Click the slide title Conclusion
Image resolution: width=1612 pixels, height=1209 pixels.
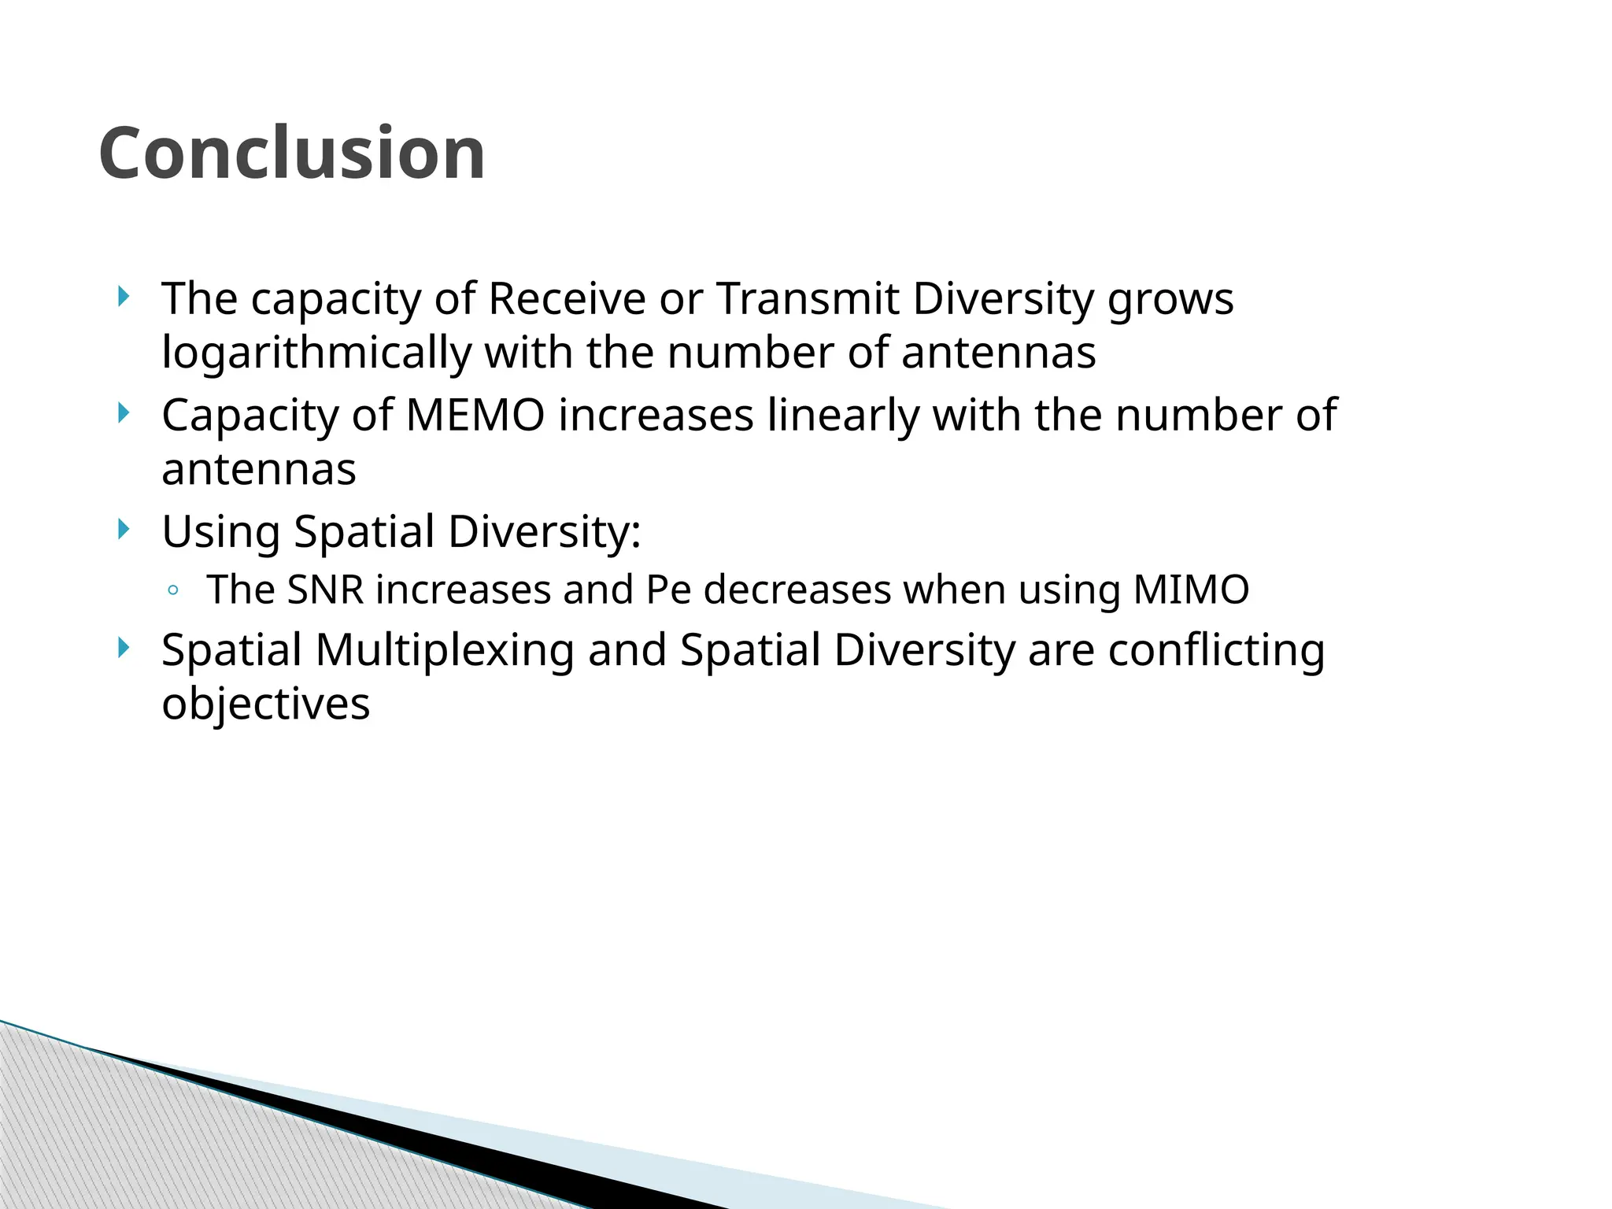pyautogui.click(x=292, y=153)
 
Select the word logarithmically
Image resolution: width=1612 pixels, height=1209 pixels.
pyautogui.click(x=316, y=353)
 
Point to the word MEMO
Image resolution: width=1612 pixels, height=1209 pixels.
pyautogui.click(x=475, y=416)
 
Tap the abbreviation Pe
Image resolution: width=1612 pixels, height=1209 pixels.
pyautogui.click(x=667, y=590)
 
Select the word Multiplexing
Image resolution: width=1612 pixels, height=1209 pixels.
pyautogui.click(x=445, y=651)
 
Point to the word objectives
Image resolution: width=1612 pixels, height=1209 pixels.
pyautogui.click(x=265, y=704)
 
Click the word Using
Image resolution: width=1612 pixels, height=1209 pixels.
pyautogui.click(x=220, y=532)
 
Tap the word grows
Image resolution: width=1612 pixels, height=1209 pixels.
pyautogui.click(x=1170, y=301)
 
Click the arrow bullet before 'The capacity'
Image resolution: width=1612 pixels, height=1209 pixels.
pyautogui.click(x=122, y=297)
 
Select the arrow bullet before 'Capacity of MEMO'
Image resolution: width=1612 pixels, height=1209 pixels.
pyautogui.click(x=122, y=412)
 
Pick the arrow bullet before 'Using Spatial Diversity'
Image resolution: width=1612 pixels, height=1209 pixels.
pyautogui.click(x=122, y=529)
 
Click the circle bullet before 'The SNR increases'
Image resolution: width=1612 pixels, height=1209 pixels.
pyautogui.click(x=173, y=590)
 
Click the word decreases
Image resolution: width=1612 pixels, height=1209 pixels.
pyautogui.click(x=797, y=590)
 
